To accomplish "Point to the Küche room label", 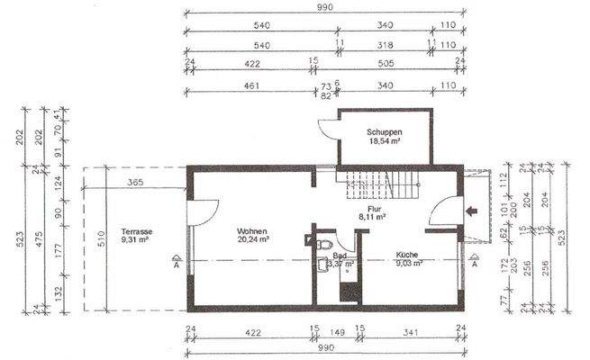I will pos(408,255).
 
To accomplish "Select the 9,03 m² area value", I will pos(408,264).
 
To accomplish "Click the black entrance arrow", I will pos(471,212).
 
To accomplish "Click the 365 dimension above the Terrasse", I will pos(136,184).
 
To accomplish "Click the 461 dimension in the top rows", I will pos(253,86).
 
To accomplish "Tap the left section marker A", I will pos(175,265).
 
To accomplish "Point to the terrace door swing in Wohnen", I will pos(204,211).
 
